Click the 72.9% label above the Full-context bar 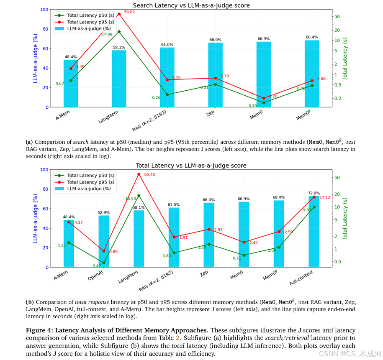[x=314, y=193]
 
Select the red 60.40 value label [x=149, y=174]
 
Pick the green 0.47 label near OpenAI [x=97, y=266]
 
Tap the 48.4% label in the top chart [x=70, y=57]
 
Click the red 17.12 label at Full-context [x=324, y=197]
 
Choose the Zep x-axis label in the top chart [x=211, y=114]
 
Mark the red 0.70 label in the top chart [x=176, y=78]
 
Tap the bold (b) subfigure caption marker [x=30, y=301]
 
